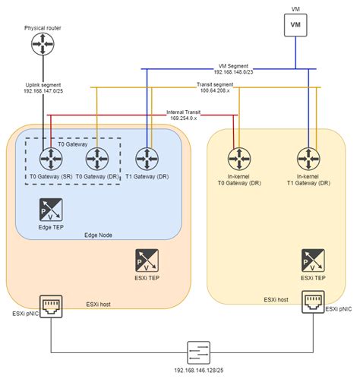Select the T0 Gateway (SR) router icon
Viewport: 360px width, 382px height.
pyautogui.click(x=50, y=159)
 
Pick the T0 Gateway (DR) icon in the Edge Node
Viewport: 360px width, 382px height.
pyautogui.click(x=96, y=159)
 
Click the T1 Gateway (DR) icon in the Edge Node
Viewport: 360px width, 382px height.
pyautogui.click(x=147, y=159)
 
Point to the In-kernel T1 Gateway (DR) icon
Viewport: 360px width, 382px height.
pyautogui.click(x=309, y=159)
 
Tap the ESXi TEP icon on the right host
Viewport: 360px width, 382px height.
pyautogui.click(x=309, y=260)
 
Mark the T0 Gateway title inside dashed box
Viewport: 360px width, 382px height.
pyautogui.click(x=72, y=143)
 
